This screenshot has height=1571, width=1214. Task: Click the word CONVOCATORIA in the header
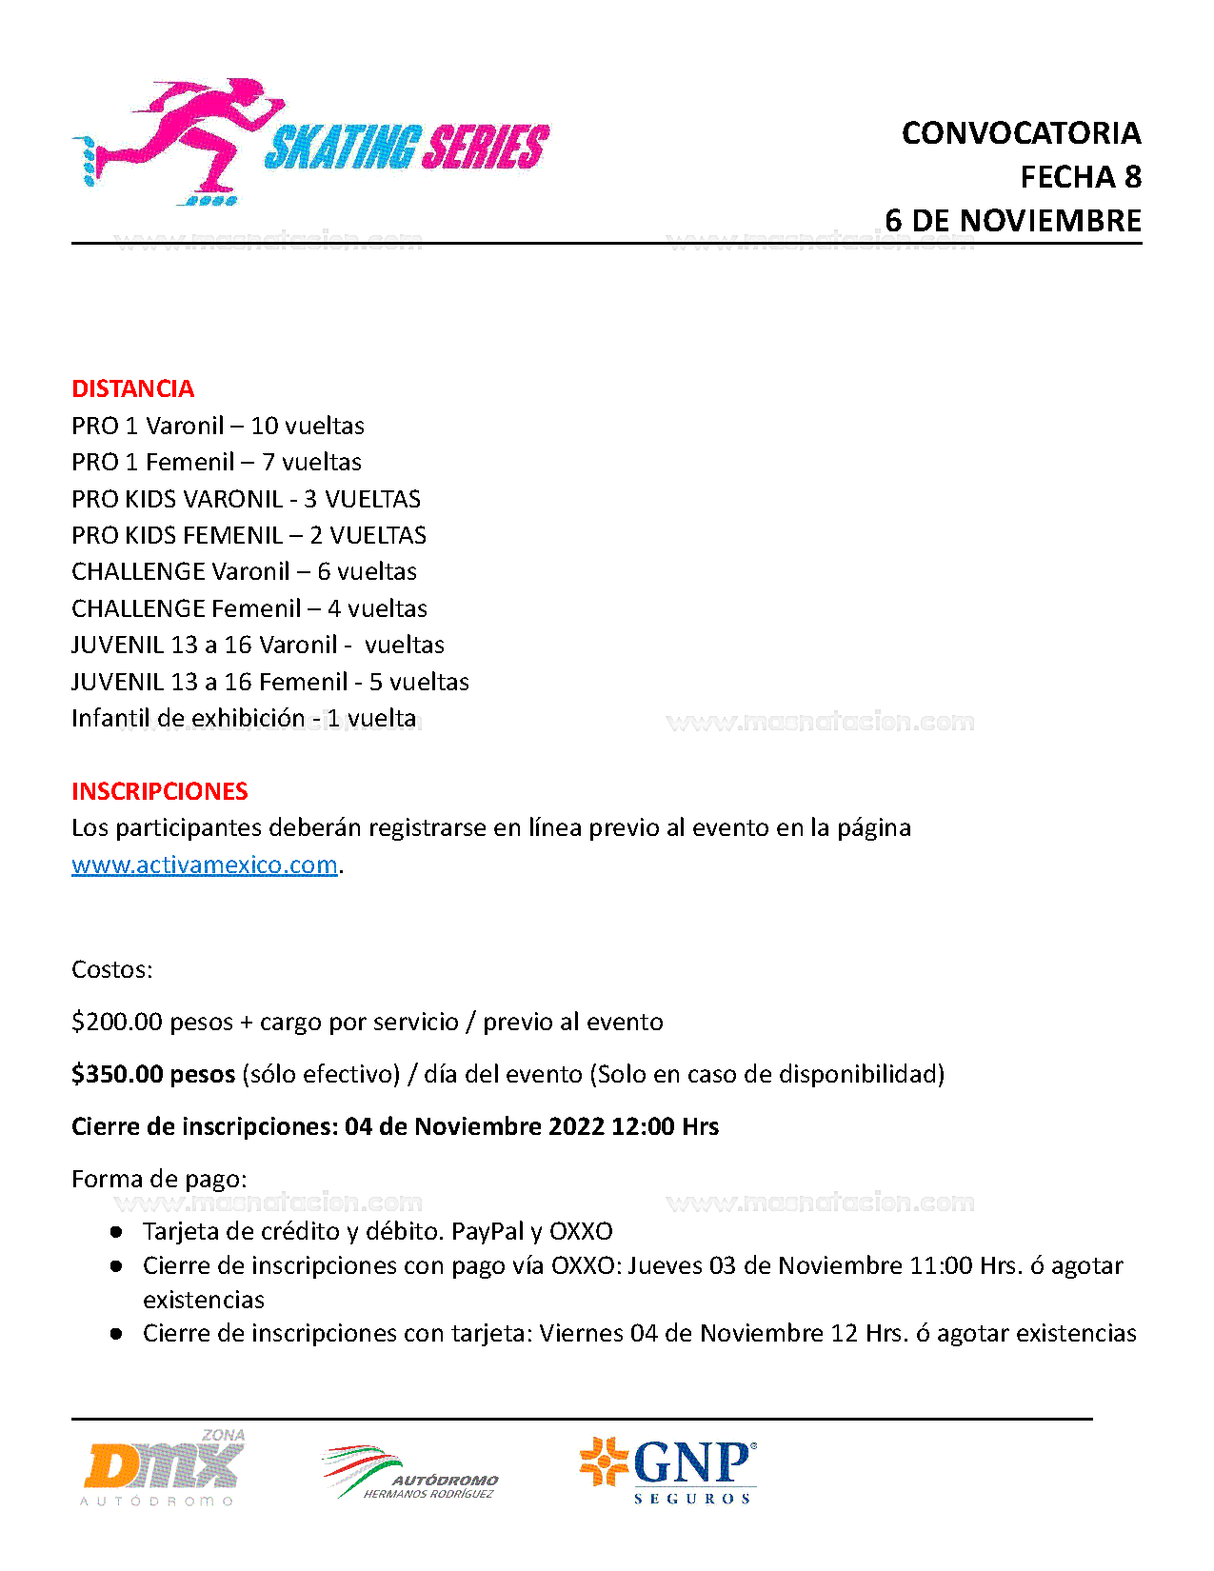point(1021,133)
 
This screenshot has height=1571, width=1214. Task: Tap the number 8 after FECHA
point(1132,177)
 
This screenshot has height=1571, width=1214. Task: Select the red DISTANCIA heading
point(132,388)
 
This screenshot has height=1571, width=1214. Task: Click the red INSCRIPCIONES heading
point(159,791)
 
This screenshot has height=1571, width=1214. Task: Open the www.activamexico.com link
point(205,865)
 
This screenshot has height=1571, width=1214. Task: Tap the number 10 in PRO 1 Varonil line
point(264,426)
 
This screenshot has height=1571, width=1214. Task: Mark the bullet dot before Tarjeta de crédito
point(116,1232)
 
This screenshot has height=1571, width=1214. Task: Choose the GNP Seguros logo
point(668,1470)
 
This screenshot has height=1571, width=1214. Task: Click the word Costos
point(111,969)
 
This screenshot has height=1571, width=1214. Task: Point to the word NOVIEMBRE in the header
point(1050,221)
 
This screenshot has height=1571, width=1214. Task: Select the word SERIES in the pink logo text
point(486,149)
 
